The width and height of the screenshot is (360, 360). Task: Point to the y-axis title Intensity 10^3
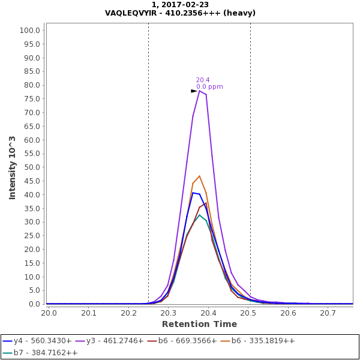point(13,167)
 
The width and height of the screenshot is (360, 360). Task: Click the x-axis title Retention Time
point(199,324)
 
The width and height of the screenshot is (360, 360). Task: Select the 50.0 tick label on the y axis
point(31,167)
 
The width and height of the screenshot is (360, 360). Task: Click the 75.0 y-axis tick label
point(31,99)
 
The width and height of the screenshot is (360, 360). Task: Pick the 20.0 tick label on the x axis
point(49,313)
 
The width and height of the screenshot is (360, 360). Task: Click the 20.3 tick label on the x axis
point(168,313)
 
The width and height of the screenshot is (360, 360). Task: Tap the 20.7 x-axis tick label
point(328,313)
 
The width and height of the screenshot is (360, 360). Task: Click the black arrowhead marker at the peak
point(194,91)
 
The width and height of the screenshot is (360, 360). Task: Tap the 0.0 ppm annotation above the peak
point(209,87)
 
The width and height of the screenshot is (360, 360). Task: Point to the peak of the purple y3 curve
point(200,90)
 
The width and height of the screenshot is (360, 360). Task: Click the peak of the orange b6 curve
point(199,176)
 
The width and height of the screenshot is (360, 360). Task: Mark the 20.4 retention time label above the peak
point(203,80)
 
